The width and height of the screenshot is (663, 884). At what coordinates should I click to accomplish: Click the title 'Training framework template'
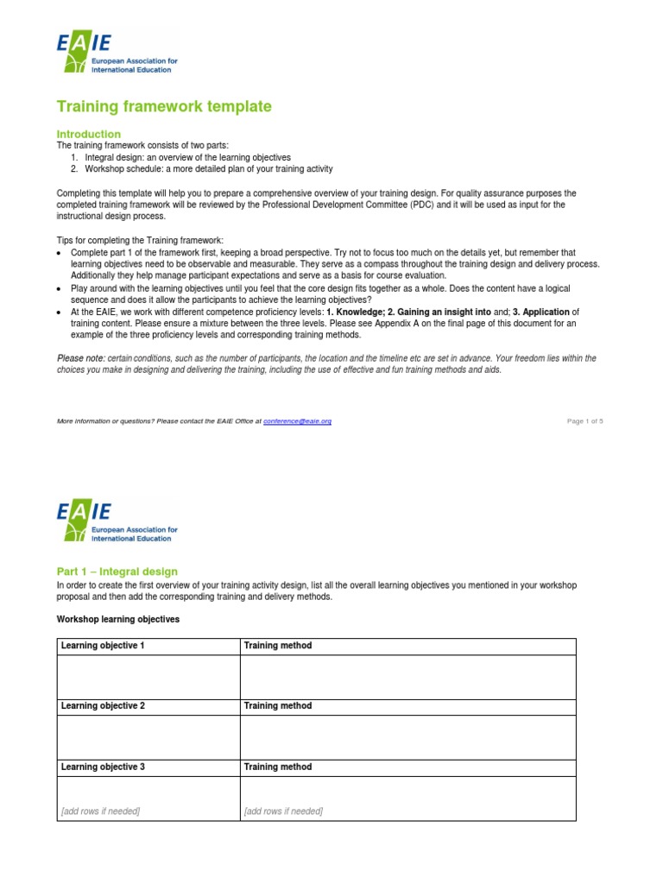tap(164, 106)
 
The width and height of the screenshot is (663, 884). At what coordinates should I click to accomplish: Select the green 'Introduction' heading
tap(89, 134)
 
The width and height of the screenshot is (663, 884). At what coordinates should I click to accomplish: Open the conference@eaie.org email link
tap(297, 420)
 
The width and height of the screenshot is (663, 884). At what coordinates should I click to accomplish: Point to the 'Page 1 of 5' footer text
tap(584, 420)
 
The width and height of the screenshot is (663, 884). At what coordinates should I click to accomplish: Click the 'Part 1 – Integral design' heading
tap(117, 571)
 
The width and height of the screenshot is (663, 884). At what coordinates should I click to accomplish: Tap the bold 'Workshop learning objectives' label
tap(118, 619)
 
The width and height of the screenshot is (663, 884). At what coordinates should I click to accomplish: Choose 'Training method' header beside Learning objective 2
tap(278, 706)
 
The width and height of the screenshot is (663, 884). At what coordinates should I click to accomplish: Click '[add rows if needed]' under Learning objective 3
tap(100, 811)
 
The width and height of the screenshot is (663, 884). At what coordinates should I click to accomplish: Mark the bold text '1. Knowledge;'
tap(355, 312)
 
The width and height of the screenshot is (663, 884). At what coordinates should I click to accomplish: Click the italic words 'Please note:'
tap(80, 358)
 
